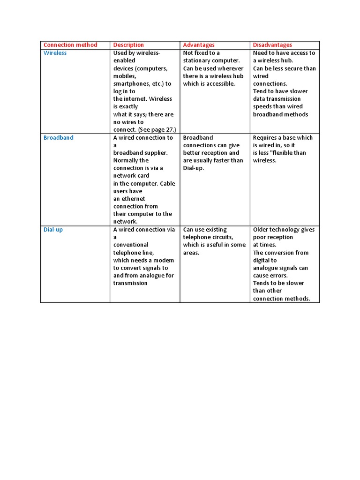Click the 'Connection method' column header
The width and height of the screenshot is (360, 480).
point(70,45)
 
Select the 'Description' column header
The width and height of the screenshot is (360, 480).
point(128,45)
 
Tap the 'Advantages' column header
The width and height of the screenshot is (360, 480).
point(199,45)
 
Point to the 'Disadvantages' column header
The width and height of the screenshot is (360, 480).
point(272,45)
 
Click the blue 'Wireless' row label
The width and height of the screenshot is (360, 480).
point(55,53)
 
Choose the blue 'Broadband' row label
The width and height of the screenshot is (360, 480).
point(58,138)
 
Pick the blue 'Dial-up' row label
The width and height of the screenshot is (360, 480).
point(53,230)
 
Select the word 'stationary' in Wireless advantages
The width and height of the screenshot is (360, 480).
point(197,61)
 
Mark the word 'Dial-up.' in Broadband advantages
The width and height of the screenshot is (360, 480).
point(194,168)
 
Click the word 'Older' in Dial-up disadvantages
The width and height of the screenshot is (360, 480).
point(261,230)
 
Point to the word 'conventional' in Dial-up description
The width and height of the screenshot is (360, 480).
point(131,245)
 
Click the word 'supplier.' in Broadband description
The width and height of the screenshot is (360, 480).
point(155,153)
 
